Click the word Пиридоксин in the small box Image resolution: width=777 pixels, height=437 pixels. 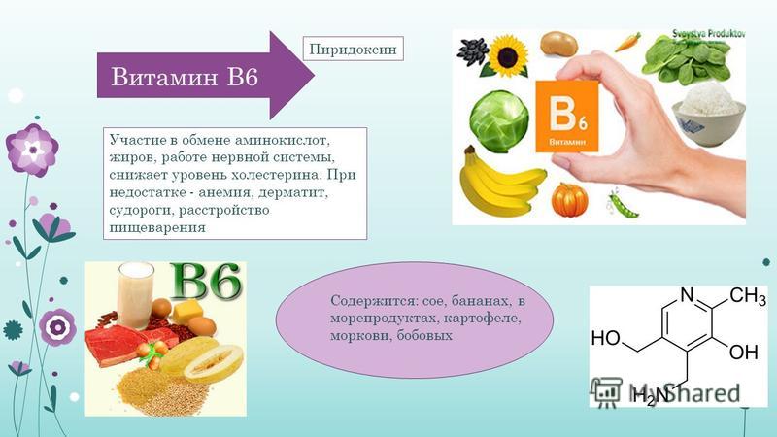pyautogui.click(x=353, y=50)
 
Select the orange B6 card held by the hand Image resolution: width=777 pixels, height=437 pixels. pyautogui.click(x=567, y=116)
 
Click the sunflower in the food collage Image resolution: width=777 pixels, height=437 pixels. pyautogui.click(x=507, y=55)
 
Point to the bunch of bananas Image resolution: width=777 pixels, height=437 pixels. pyautogui.click(x=498, y=183)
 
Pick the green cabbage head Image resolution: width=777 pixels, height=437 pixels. pyautogui.click(x=499, y=121)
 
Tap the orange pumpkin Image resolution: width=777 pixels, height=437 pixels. pyautogui.click(x=569, y=200)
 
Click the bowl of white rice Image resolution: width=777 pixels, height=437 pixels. pyautogui.click(x=709, y=114)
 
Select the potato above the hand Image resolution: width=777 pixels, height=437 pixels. pyautogui.click(x=559, y=44)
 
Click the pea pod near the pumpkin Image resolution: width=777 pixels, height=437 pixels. pyautogui.click(x=623, y=205)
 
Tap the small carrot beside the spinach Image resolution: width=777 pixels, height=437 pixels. pyautogui.click(x=627, y=43)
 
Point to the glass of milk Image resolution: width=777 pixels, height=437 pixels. pyautogui.click(x=135, y=295)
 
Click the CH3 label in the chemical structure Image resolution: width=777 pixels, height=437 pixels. pyautogui.click(x=748, y=296)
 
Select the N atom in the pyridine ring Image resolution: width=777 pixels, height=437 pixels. pyautogui.click(x=687, y=295)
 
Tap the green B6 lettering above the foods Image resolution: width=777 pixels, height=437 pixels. pyautogui.click(x=206, y=282)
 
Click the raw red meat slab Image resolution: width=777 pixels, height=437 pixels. pyautogui.click(x=130, y=344)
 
